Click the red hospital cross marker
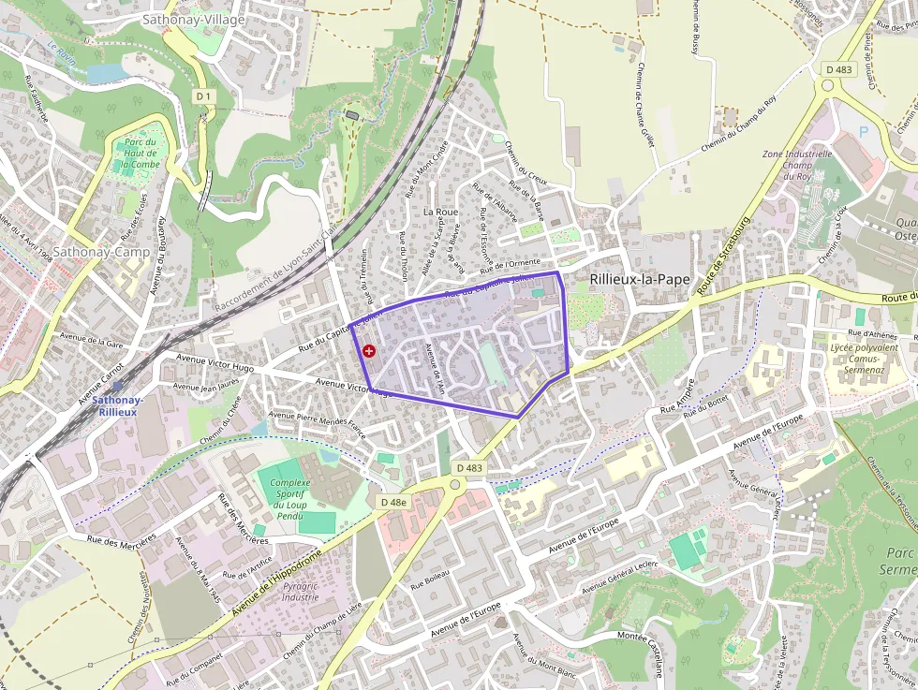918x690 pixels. pyautogui.click(x=369, y=351)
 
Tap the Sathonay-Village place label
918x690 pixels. pyautogui.click(x=194, y=19)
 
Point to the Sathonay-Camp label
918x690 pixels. pyautogui.click(x=100, y=252)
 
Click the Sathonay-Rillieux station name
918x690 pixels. pyautogui.click(x=118, y=405)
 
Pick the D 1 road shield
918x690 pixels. pyautogui.click(x=204, y=95)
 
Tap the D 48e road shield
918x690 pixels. pyautogui.click(x=394, y=502)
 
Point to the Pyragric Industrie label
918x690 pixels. pyautogui.click(x=300, y=591)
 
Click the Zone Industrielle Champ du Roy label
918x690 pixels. pyautogui.click(x=797, y=165)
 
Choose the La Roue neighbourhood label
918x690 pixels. pyautogui.click(x=440, y=212)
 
